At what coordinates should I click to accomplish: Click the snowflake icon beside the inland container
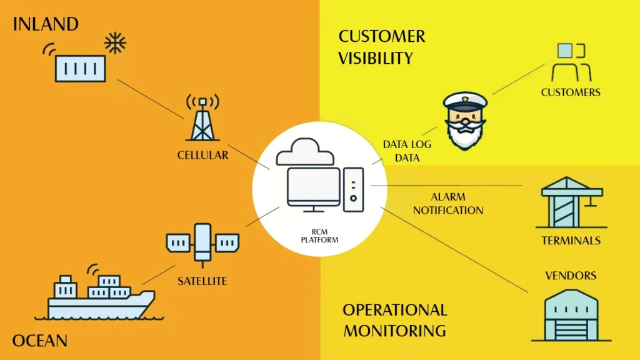[x=114, y=42]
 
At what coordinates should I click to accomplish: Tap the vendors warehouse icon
[x=570, y=315]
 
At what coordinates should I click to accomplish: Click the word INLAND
[x=46, y=25]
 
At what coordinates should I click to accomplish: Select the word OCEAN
[x=39, y=341]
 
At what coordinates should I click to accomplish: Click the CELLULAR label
[x=202, y=154]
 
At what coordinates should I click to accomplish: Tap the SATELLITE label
[x=202, y=281]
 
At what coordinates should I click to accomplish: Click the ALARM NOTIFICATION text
[x=447, y=204]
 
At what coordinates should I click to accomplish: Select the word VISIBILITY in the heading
[x=376, y=58]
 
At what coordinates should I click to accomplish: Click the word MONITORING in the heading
[x=394, y=330]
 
